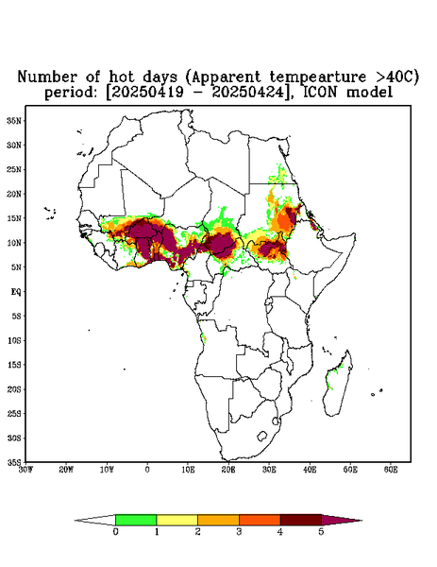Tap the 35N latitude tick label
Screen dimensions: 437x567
(14, 120)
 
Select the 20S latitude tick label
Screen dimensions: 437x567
(14, 389)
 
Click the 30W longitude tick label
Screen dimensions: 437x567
(25, 470)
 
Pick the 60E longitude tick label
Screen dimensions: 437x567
(391, 470)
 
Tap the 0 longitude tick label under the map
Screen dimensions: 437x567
(147, 470)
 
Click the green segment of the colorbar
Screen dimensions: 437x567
(136, 520)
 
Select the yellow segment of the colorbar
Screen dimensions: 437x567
(176, 520)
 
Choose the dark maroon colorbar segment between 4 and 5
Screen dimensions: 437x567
(301, 520)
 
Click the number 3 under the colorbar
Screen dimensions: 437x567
(239, 532)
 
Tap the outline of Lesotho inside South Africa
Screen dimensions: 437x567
(261, 436)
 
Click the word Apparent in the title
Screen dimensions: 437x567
(226, 77)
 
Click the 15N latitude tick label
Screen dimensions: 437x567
(14, 218)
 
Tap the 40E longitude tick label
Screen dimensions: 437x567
(310, 470)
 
